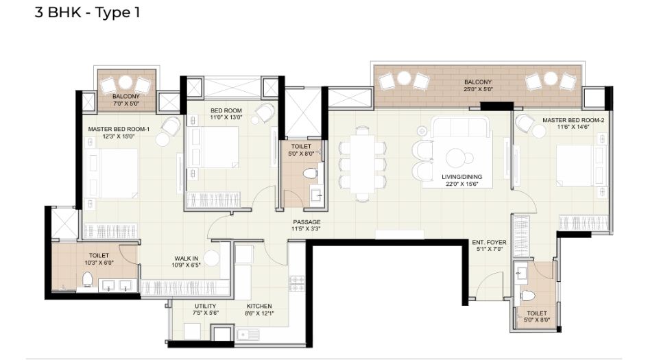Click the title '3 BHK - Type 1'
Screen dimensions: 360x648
pos(87,13)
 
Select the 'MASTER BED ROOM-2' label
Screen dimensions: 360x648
pos(573,120)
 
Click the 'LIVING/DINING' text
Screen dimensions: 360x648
pos(461,176)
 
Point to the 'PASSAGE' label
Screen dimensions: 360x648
pos(307,221)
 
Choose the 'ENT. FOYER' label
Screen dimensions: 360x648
pos(488,242)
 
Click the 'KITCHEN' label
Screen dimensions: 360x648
pos(259,306)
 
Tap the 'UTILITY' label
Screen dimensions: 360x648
pos(205,306)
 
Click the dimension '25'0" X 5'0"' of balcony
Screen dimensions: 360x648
pos(477,90)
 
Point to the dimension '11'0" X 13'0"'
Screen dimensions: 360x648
pos(226,117)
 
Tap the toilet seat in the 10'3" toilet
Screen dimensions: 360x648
pos(87,280)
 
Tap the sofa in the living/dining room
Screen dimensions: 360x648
pos(461,127)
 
